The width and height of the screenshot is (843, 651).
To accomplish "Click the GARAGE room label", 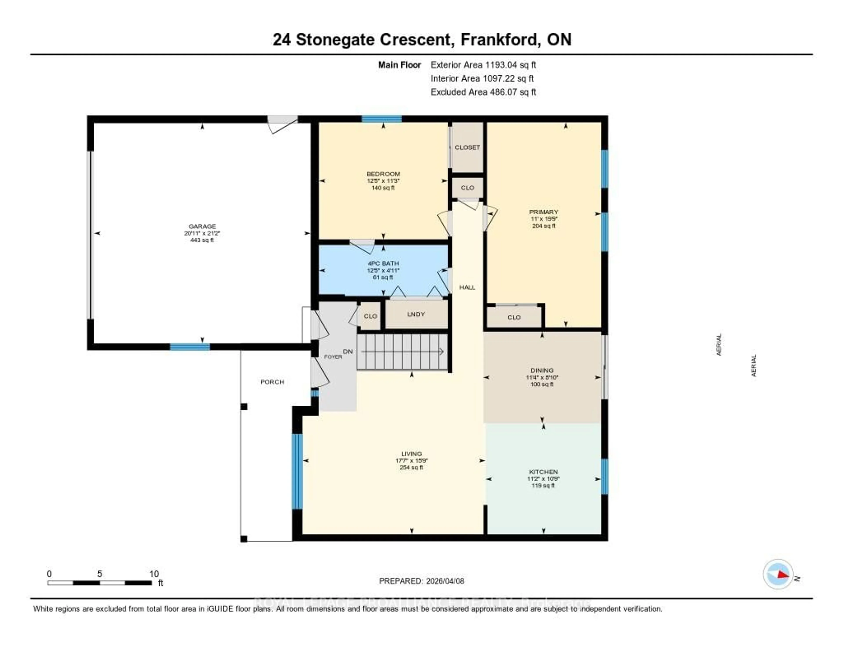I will (202, 226).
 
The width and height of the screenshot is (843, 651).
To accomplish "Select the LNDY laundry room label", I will (416, 314).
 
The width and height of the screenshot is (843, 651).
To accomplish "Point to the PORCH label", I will (272, 382).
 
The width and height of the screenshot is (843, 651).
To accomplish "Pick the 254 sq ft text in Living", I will (411, 467).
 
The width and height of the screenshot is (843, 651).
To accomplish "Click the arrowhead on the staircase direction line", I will (441, 352).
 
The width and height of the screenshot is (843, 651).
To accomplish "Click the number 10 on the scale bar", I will (154, 574).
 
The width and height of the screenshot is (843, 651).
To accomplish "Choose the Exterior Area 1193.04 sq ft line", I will (483, 65).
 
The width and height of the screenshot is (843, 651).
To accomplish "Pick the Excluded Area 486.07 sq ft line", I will (483, 92).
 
